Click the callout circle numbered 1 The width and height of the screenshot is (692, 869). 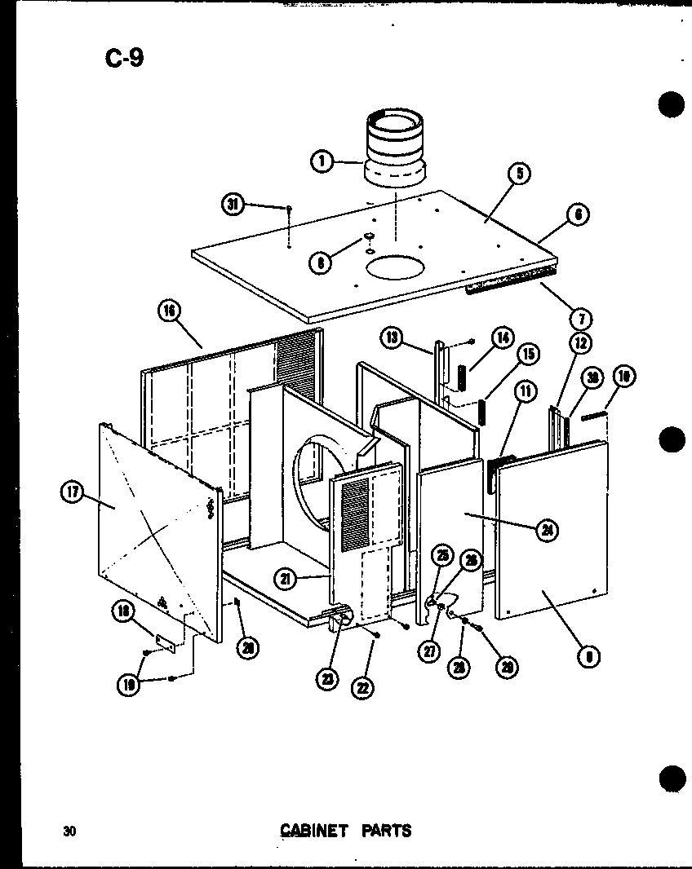[x=322, y=161]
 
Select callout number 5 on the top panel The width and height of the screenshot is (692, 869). [x=518, y=172]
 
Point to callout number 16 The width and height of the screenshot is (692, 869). [x=169, y=311]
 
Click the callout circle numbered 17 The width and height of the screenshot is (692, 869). [x=73, y=492]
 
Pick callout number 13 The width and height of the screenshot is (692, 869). [x=393, y=337]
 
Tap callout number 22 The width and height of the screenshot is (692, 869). [x=362, y=687]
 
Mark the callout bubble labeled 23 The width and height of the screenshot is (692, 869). [x=328, y=679]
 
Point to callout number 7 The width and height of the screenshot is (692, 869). [x=583, y=317]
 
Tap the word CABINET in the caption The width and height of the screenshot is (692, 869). [x=314, y=831]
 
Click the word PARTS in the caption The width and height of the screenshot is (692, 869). [x=384, y=831]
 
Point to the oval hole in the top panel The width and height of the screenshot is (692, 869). [x=396, y=268]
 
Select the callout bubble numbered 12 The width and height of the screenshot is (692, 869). [x=581, y=343]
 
